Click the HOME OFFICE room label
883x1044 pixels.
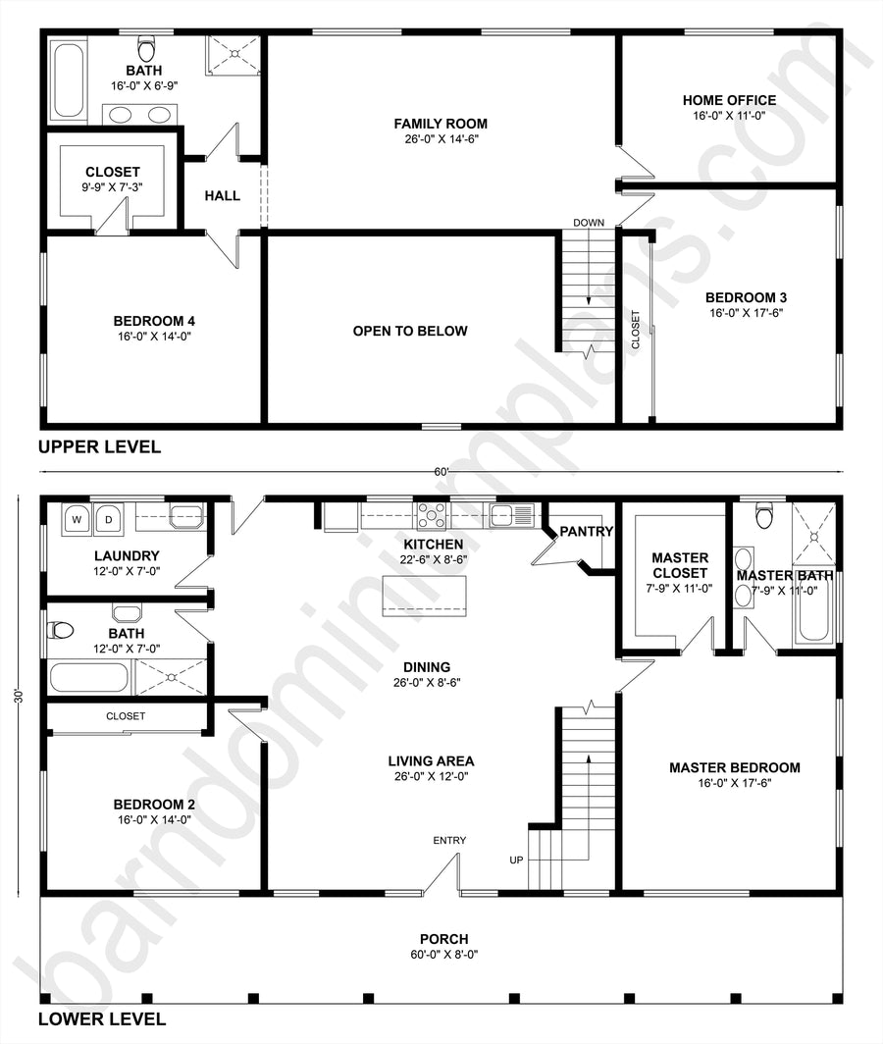pyautogui.click(x=729, y=100)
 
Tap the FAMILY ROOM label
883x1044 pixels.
pyautogui.click(x=441, y=124)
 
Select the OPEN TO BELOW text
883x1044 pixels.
pyautogui.click(x=410, y=331)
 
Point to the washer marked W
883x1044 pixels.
pyautogui.click(x=78, y=519)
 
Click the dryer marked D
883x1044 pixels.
pyautogui.click(x=108, y=519)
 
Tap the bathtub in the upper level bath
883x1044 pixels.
pyautogui.click(x=68, y=80)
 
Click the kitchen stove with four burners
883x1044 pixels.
pyautogui.click(x=432, y=515)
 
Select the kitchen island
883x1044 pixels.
pyautogui.click(x=424, y=597)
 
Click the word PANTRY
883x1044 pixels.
pyautogui.click(x=586, y=532)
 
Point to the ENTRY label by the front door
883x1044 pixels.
pyautogui.click(x=449, y=840)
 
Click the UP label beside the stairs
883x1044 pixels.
pyautogui.click(x=516, y=861)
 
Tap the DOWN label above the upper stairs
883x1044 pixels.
pyautogui.click(x=589, y=223)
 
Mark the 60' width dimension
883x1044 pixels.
pyautogui.click(x=441, y=472)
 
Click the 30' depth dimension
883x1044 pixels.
pyautogui.click(x=19, y=697)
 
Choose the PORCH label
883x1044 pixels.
pyautogui.click(x=444, y=939)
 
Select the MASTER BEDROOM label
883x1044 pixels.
pyautogui.click(x=735, y=767)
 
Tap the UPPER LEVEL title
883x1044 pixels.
pyautogui.click(x=99, y=446)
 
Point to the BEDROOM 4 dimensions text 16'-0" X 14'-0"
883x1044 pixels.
pyautogui.click(x=154, y=337)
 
